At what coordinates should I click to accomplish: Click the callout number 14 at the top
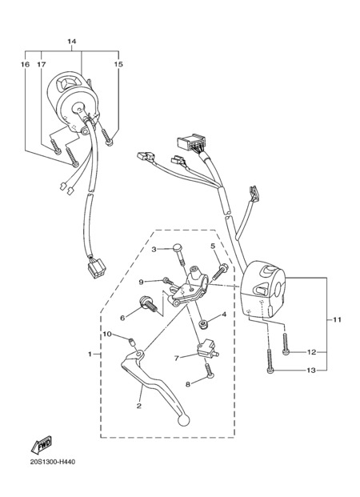72,42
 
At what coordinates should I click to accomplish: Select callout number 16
25,64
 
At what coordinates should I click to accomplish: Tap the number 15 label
118,64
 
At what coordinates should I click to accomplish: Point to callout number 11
337,319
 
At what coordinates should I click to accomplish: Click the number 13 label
311,371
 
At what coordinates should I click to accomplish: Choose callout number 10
107,334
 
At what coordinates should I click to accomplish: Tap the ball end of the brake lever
183,421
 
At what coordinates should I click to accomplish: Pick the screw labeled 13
270,361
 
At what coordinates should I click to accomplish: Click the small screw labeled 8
209,371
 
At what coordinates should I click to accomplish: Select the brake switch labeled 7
207,348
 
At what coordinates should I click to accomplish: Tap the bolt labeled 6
149,304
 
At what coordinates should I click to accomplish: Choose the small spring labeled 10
130,343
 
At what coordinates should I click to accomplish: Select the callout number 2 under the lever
139,406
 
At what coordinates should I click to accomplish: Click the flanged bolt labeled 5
221,271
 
